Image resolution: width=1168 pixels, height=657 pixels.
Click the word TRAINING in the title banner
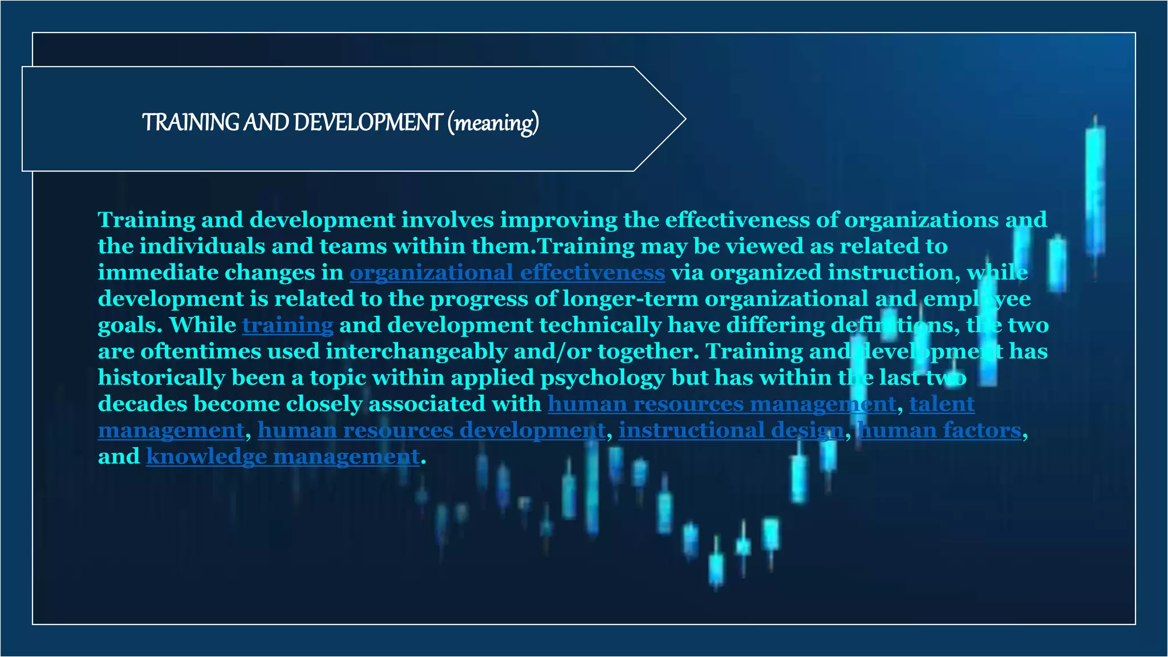[190, 123]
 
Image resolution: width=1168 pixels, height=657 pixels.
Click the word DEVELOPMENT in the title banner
[368, 123]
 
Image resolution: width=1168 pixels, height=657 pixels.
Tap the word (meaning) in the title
[493, 123]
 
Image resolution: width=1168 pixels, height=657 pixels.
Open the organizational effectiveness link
[507, 273]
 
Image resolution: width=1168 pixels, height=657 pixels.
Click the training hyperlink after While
[287, 325]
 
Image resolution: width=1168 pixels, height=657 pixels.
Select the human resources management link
[721, 404]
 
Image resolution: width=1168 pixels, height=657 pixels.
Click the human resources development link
[431, 430]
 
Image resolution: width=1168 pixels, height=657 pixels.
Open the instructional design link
[731, 430]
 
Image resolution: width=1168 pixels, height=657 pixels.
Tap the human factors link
[940, 430]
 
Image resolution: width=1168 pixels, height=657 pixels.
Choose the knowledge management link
[283, 456]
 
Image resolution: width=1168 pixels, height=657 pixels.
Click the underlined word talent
[942, 404]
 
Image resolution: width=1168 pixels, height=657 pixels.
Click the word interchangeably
[416, 351]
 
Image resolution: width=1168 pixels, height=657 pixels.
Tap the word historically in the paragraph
[161, 378]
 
